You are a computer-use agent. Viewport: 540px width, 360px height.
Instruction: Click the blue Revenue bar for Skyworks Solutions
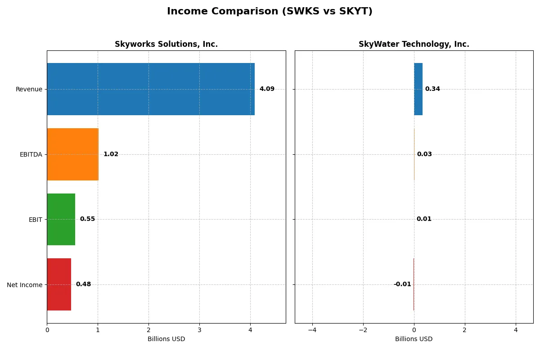point(151,89)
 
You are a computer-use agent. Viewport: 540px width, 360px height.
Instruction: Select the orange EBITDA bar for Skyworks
point(72,154)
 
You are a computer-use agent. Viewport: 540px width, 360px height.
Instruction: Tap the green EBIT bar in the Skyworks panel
point(61,219)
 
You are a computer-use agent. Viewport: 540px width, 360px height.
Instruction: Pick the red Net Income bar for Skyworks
point(59,284)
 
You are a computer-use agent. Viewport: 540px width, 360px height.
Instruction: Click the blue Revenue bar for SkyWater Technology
point(418,89)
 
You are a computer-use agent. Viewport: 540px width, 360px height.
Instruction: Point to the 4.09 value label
point(267,89)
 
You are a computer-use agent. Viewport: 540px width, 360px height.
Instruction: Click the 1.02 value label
point(111,154)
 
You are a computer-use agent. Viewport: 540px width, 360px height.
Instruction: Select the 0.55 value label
point(87,219)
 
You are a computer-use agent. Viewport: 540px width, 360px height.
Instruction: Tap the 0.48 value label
point(83,284)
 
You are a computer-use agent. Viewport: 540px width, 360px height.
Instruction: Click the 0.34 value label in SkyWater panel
point(432,89)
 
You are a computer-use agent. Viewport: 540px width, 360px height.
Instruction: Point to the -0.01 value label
point(402,284)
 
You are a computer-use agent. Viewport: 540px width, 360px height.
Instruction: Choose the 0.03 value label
point(424,154)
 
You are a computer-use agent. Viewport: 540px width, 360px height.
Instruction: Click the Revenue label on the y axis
point(29,89)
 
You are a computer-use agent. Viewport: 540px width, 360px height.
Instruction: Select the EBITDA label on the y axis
point(31,154)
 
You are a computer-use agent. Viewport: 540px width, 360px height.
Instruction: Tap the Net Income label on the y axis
point(25,284)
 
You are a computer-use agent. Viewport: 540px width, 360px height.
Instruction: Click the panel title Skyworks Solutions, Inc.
point(166,45)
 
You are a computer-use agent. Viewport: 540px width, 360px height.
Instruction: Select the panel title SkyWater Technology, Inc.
point(414,45)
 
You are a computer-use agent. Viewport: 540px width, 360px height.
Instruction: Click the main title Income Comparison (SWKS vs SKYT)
point(270,12)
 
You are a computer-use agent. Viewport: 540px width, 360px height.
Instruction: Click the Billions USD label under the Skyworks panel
point(166,339)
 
